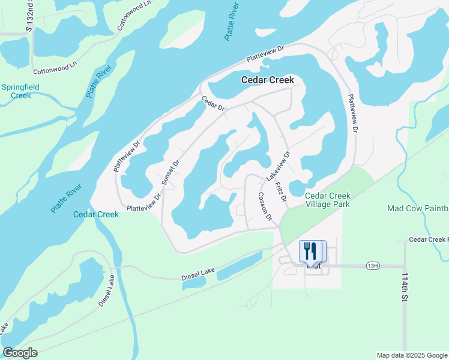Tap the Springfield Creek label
point(20,91)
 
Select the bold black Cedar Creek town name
point(268,80)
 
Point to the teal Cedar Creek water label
point(96,214)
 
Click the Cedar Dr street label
point(212,104)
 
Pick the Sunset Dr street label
point(170,172)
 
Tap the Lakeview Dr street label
point(278,164)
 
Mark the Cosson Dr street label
point(265,206)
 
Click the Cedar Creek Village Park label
point(328,200)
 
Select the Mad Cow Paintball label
point(418,208)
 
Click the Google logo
point(20,353)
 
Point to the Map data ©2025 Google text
point(411,355)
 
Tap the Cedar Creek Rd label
point(428,239)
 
